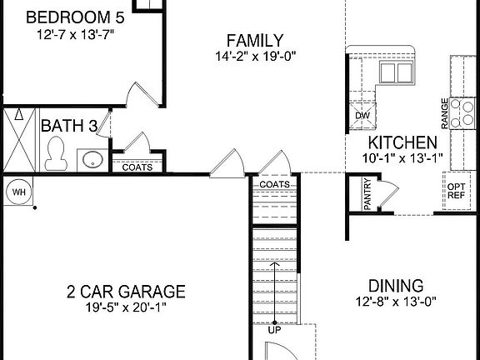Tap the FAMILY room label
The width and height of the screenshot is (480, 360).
255,41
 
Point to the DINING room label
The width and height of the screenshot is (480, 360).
396,285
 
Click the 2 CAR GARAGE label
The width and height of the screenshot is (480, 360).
126,292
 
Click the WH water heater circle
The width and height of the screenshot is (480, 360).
18,192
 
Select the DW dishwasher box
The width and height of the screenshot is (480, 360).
362,116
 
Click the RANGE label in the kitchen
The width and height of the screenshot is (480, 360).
445,112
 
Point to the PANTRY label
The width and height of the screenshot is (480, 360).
367,196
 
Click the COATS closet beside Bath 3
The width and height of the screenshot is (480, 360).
137,167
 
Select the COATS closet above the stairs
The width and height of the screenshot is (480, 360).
274,184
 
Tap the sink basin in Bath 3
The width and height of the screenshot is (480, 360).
92,159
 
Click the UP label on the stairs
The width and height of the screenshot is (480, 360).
274,330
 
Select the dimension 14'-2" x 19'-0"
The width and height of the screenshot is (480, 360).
254,57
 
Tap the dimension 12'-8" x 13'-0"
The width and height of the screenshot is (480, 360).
396,301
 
